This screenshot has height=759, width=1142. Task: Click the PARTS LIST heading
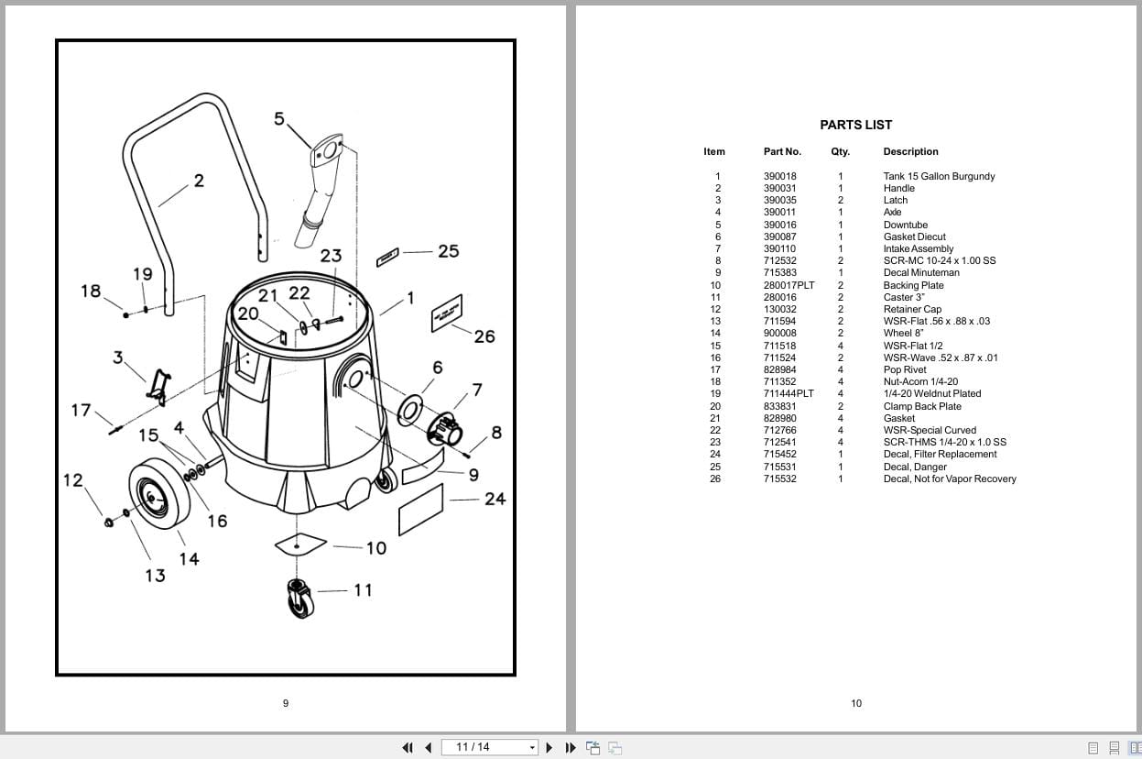click(x=855, y=125)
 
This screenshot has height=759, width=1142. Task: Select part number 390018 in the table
click(x=779, y=176)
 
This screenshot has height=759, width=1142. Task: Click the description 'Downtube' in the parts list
click(x=905, y=225)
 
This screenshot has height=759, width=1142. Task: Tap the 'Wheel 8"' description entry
click(x=903, y=333)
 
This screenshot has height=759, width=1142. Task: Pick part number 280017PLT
click(x=789, y=285)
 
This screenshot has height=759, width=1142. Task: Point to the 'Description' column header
click(x=910, y=151)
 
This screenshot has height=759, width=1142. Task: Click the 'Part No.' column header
click(x=782, y=151)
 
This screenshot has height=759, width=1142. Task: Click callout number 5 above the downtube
click(x=279, y=118)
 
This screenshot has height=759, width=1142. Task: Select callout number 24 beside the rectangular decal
click(x=495, y=499)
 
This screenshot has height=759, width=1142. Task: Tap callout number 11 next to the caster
click(x=363, y=589)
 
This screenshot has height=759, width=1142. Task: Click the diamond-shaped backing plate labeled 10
click(x=300, y=544)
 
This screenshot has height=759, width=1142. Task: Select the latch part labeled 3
click(x=158, y=386)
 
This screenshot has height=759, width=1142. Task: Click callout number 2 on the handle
click(x=199, y=181)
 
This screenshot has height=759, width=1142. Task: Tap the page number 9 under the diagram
click(x=286, y=703)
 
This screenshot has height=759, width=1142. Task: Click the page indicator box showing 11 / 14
click(x=490, y=747)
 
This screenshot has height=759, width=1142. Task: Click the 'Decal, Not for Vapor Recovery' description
click(x=949, y=478)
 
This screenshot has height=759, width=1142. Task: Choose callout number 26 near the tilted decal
click(x=484, y=336)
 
